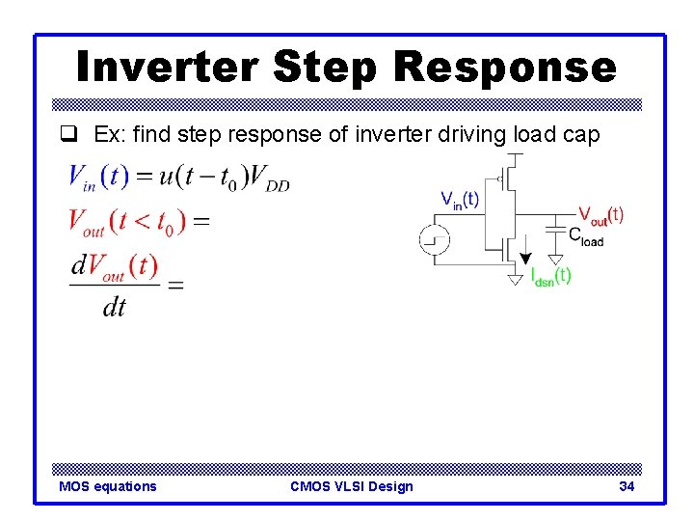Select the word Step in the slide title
click(327, 67)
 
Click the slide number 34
click(627, 486)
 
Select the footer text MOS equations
click(108, 486)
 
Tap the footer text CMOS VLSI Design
click(351, 486)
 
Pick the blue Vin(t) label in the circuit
click(459, 200)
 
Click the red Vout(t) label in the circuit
click(600, 214)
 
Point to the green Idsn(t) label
click(550, 276)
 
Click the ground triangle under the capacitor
click(555, 260)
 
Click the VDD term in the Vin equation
click(269, 178)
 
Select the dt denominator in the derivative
click(114, 308)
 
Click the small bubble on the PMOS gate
click(497, 178)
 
